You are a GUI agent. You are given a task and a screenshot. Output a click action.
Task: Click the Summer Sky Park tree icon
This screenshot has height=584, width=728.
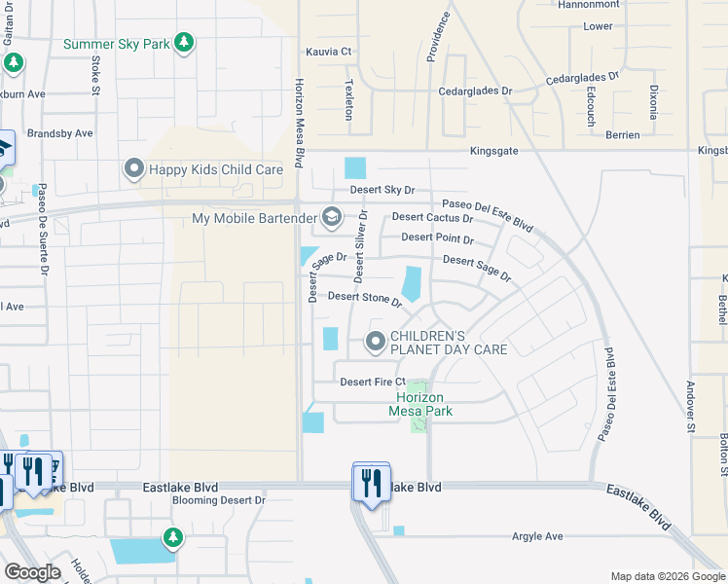pyautogui.click(x=184, y=43)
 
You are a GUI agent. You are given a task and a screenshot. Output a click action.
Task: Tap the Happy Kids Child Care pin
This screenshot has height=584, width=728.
pyautogui.click(x=134, y=169)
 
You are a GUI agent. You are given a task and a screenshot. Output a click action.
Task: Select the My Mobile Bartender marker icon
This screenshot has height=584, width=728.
pyautogui.click(x=331, y=217)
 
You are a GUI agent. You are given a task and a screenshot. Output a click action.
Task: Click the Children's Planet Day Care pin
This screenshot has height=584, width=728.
pyautogui.click(x=376, y=342)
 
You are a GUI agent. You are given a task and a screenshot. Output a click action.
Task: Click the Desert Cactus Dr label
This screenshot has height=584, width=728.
pyautogui.click(x=432, y=218)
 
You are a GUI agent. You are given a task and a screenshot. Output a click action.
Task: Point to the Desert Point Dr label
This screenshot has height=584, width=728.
pyautogui.click(x=437, y=238)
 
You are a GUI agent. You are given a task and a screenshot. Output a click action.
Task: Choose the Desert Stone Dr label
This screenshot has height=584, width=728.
pyautogui.click(x=365, y=298)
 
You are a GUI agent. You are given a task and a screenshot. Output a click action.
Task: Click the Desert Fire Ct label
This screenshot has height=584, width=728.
pyautogui.click(x=372, y=382)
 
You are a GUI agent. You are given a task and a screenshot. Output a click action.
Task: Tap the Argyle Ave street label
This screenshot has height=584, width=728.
pyautogui.click(x=538, y=536)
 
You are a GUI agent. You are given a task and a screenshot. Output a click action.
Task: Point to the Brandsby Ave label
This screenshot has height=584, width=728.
pyautogui.click(x=60, y=133)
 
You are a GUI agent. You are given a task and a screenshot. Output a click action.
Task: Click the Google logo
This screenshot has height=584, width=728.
pyautogui.click(x=32, y=572)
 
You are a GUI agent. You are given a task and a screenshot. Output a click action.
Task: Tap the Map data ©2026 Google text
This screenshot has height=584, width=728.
pyautogui.click(x=667, y=576)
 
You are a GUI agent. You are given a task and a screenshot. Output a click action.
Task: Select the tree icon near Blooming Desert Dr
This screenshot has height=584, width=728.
pyautogui.click(x=172, y=537)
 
